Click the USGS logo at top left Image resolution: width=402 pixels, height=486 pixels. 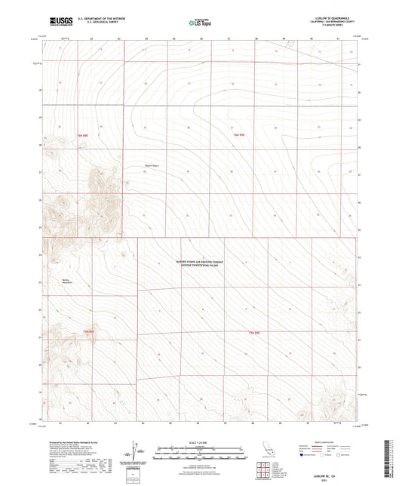click(x=56, y=22)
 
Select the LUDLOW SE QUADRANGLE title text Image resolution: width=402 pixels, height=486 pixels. click(x=329, y=18)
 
